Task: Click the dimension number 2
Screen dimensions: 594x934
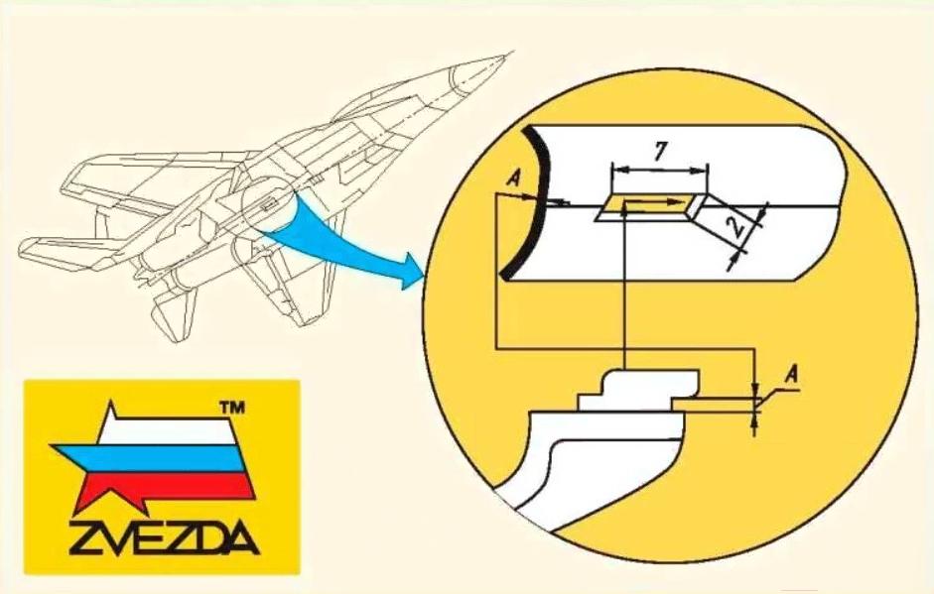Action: pyautogui.click(x=735, y=227)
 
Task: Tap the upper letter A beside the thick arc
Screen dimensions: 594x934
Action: pyautogui.click(x=513, y=179)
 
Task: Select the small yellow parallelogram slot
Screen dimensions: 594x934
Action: pyautogui.click(x=645, y=207)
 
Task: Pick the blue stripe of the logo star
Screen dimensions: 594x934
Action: pyautogui.click(x=149, y=458)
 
